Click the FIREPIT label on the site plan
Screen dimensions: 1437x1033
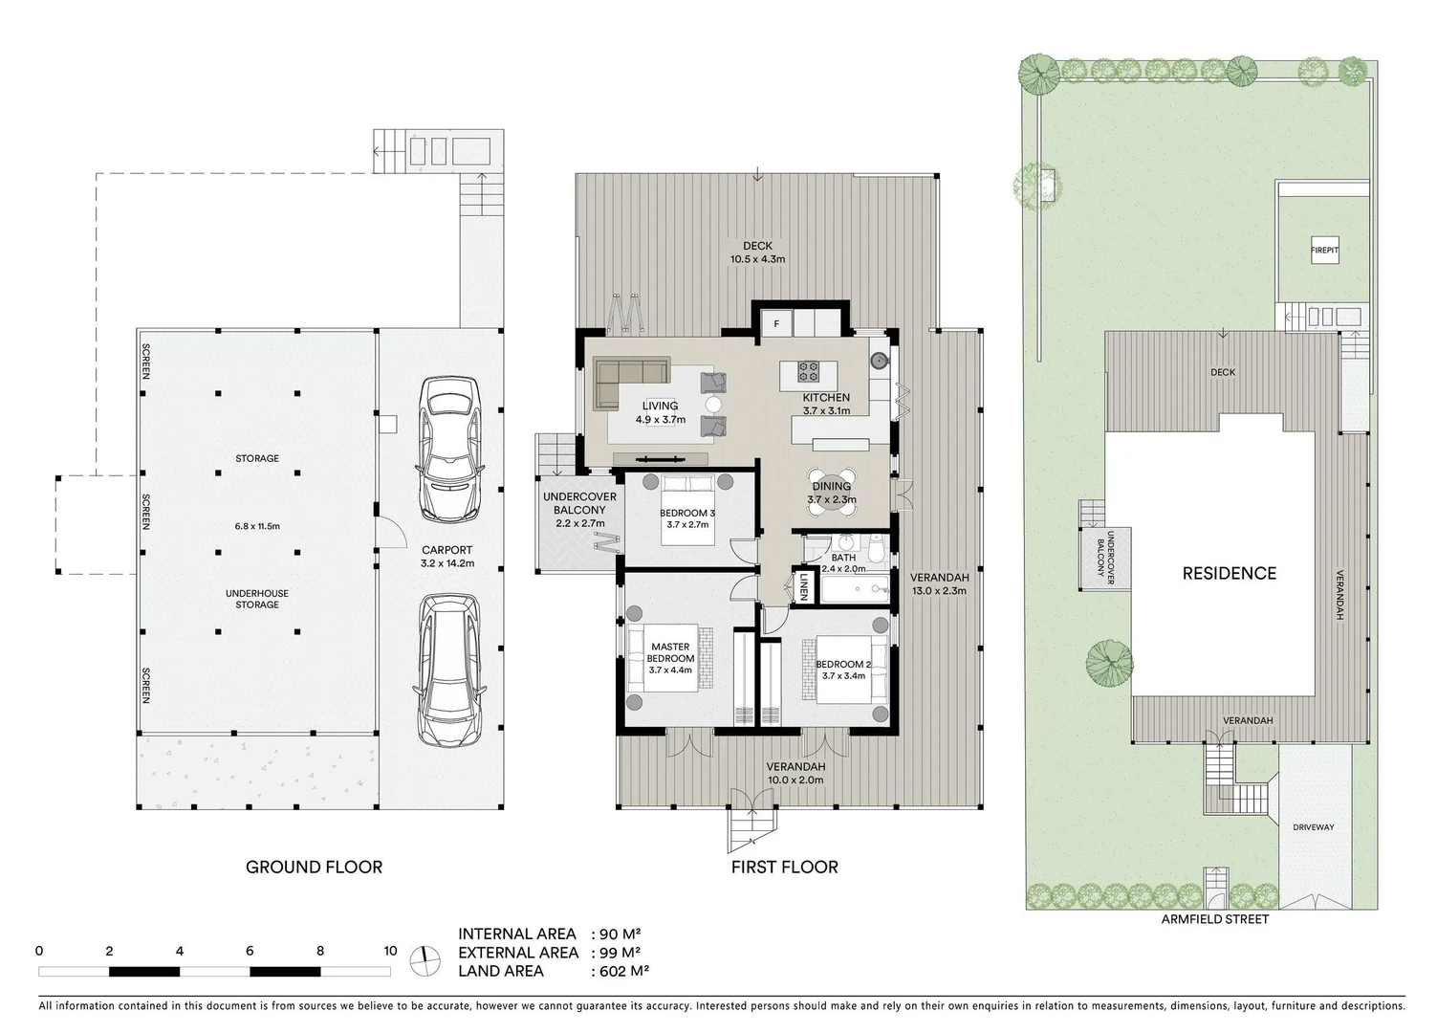click(x=1325, y=251)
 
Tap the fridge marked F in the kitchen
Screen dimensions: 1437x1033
click(x=777, y=324)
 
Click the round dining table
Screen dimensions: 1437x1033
click(x=832, y=493)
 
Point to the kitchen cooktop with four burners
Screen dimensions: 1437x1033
click(x=808, y=370)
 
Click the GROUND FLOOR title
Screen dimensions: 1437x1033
click(x=314, y=868)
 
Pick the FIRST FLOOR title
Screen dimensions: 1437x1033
click(x=785, y=868)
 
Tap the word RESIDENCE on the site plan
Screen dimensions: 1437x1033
click(x=1230, y=574)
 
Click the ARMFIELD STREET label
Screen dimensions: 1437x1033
click(x=1215, y=919)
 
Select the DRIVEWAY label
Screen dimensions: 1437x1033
click(x=1314, y=827)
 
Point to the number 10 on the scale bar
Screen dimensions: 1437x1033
click(x=390, y=951)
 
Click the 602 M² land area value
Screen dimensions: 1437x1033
click(x=624, y=972)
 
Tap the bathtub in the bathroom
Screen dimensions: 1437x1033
click(x=855, y=589)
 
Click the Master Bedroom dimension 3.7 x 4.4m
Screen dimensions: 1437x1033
click(x=670, y=670)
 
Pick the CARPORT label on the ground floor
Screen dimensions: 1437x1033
click(x=447, y=550)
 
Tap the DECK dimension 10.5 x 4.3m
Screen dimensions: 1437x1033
click(x=757, y=260)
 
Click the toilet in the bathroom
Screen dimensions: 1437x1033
click(x=876, y=549)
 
